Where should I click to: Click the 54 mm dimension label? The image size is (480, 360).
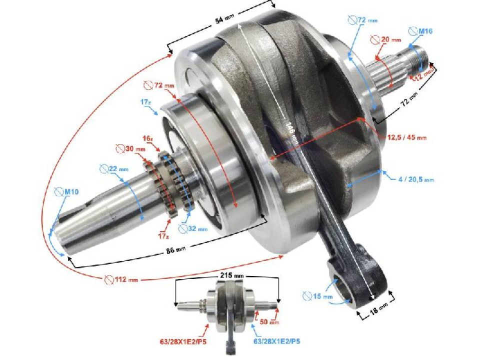click(x=224, y=20)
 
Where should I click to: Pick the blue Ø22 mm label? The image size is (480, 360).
click(x=113, y=169)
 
